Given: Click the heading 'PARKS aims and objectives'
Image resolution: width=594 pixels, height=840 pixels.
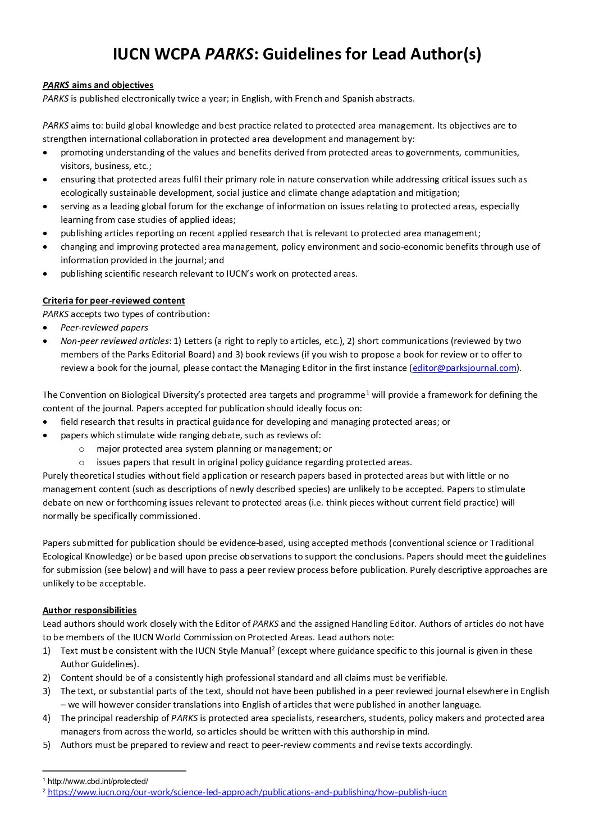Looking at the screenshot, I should pos(98,85).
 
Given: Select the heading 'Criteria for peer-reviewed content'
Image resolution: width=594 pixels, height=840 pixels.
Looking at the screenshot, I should pos(113,301).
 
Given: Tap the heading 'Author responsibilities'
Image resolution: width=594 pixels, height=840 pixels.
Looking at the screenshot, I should pos(89,611).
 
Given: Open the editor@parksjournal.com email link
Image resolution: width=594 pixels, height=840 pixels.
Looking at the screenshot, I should pos(464,368).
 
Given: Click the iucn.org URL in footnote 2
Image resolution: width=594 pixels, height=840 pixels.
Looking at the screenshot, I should pos(247,793).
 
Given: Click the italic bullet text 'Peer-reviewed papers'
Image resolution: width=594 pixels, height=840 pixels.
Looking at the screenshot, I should pos(104,328).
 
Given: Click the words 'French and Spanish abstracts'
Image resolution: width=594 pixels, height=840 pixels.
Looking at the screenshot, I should pos(353,99).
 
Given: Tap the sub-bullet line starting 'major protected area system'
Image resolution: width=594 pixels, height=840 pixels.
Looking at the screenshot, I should pos(214,449).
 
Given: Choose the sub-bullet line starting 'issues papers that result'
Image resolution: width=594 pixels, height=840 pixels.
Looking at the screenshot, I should pos(254,462).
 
